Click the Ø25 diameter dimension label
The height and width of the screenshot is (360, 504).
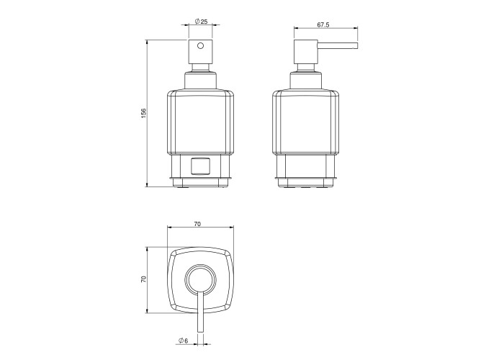(201, 22)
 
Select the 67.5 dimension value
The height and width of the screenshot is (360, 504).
(323, 24)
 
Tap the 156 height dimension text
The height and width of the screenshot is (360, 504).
(144, 113)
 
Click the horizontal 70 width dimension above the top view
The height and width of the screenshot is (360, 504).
(197, 224)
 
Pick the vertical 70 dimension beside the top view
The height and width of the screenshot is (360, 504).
(144, 279)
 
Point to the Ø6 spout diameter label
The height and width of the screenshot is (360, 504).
(183, 341)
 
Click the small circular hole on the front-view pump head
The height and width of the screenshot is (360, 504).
(200, 46)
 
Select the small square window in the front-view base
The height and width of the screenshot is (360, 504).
(200, 166)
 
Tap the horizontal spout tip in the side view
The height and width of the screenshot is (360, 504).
(355, 45)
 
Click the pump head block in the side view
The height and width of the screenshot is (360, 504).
(306, 52)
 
